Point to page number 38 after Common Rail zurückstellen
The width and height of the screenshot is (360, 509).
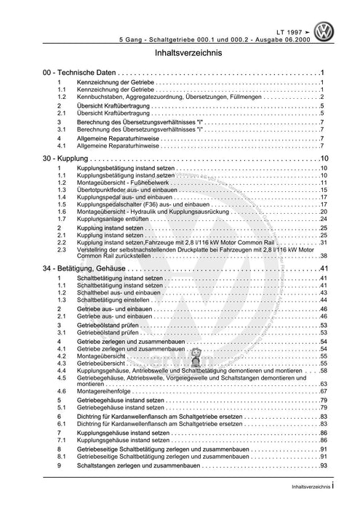(x=322, y=256)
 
